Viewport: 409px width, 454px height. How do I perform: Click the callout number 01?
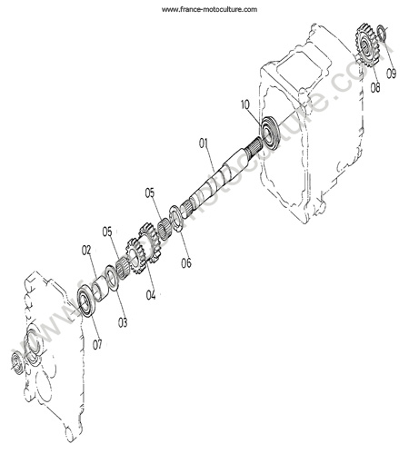click(x=204, y=143)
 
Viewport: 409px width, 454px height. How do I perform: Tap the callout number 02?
click(x=86, y=250)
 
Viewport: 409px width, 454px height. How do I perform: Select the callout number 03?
click(x=123, y=323)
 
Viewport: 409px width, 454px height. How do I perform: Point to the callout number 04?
click(x=151, y=294)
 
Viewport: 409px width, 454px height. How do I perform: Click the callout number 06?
click(x=186, y=263)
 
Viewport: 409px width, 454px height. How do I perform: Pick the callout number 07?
click(x=97, y=345)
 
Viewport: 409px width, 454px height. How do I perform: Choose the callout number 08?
click(x=375, y=88)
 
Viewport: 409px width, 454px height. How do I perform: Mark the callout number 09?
click(x=391, y=74)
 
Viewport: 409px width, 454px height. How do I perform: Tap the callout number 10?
click(x=245, y=104)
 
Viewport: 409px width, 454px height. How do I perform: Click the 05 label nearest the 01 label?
click(x=150, y=192)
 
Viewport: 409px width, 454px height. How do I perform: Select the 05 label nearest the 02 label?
click(x=107, y=232)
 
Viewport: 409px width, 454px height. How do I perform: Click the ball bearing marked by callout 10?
click(x=270, y=132)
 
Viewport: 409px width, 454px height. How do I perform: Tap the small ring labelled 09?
click(x=382, y=34)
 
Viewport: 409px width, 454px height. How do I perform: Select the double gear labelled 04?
click(x=143, y=248)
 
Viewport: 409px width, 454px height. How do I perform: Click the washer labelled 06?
click(x=175, y=218)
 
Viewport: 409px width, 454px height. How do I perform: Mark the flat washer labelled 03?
click(x=112, y=278)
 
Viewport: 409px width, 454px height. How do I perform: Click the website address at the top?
click(x=209, y=10)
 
